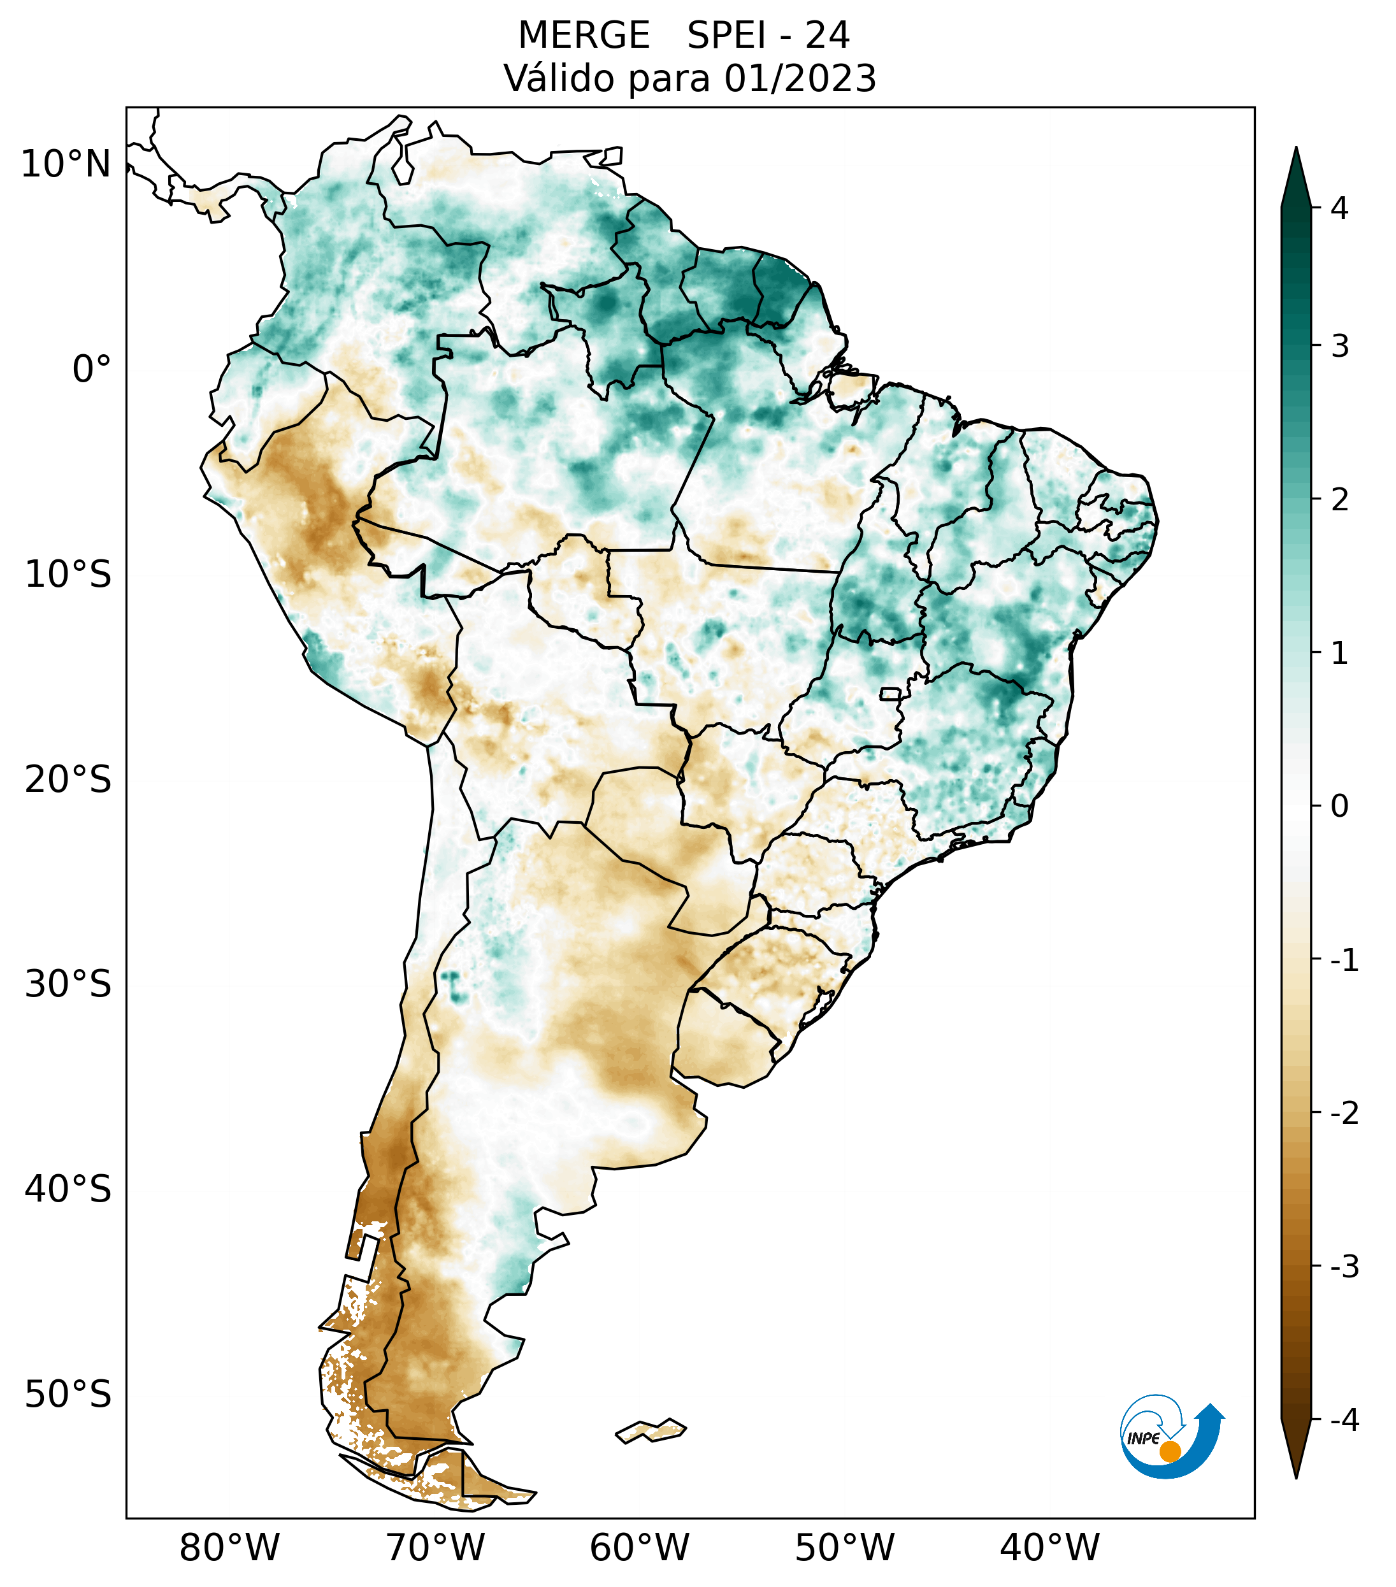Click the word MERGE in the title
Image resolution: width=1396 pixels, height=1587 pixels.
pyautogui.click(x=583, y=36)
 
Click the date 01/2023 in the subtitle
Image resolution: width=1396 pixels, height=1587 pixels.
pyautogui.click(x=800, y=78)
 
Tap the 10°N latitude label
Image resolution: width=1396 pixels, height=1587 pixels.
pyautogui.click(x=66, y=164)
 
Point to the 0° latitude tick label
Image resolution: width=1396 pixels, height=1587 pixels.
pyautogui.click(x=92, y=370)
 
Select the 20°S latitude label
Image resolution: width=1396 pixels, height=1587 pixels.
pyautogui.click(x=68, y=780)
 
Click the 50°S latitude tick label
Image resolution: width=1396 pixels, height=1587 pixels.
pyautogui.click(x=68, y=1395)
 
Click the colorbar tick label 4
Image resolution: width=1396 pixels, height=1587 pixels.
pyautogui.click(x=1339, y=208)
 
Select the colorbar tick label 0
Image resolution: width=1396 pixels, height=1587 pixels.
pyautogui.click(x=1339, y=807)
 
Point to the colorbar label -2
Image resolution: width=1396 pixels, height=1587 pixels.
pyautogui.click(x=1344, y=1114)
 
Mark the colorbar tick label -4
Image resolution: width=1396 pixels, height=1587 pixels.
pyautogui.click(x=1344, y=1421)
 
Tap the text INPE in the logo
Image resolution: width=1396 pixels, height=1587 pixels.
pyautogui.click(x=1143, y=1439)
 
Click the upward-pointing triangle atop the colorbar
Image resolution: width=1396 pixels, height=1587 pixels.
pyautogui.click(x=1296, y=177)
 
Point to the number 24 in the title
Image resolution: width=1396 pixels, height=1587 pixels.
pyautogui.click(x=827, y=36)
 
